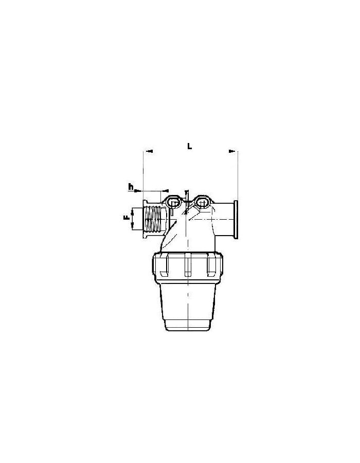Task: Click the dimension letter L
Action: (189, 146)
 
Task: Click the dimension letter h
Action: (131, 187)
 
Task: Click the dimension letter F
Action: (127, 218)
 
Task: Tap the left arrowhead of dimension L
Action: (150, 151)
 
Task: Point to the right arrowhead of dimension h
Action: (166, 191)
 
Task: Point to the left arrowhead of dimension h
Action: (137, 191)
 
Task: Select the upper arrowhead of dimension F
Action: (133, 211)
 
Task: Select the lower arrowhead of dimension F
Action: (133, 227)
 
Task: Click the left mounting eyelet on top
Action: (173, 202)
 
